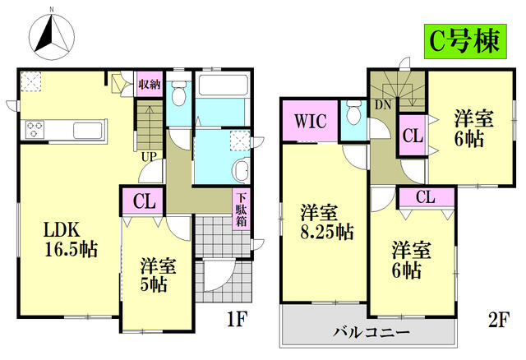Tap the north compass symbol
click(52, 35)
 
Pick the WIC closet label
click(310, 122)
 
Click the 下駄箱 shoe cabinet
click(242, 210)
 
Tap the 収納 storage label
click(149, 85)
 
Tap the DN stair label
click(383, 105)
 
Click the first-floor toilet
click(178, 94)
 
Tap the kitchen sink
click(87, 130)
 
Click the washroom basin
click(242, 171)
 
